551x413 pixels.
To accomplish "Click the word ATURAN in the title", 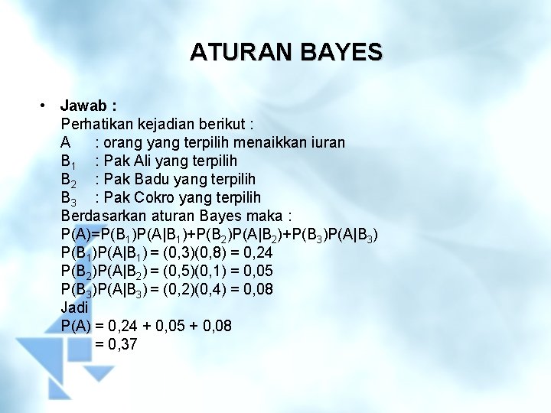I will pyautogui.click(x=236, y=52).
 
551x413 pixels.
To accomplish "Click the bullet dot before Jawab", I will pyautogui.click(x=47, y=105).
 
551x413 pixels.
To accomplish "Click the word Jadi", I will pyautogui.click(x=74, y=307).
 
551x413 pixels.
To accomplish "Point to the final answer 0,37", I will pyautogui.click(x=122, y=344).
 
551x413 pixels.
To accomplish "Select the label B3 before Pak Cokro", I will pyautogui.click(x=69, y=198).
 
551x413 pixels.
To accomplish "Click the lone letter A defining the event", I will pyautogui.click(x=67, y=142).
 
